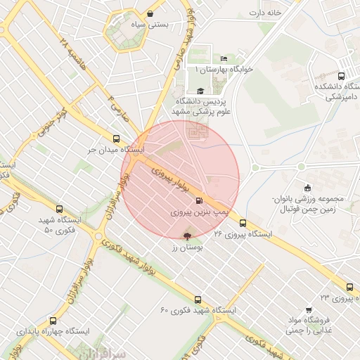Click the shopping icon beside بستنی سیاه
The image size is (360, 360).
click(150, 13)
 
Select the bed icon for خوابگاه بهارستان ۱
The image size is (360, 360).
click(224, 58)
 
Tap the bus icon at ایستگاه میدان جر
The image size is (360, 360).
click(116, 139)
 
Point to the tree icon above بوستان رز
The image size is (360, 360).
click(186, 236)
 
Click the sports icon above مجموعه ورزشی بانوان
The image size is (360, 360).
click(307, 188)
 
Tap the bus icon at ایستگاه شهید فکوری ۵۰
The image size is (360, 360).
click(59, 209)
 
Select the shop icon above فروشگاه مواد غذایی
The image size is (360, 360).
click(309, 310)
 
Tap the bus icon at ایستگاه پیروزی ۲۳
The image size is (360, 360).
click(349, 287)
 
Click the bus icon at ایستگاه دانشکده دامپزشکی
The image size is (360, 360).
click(341, 76)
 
